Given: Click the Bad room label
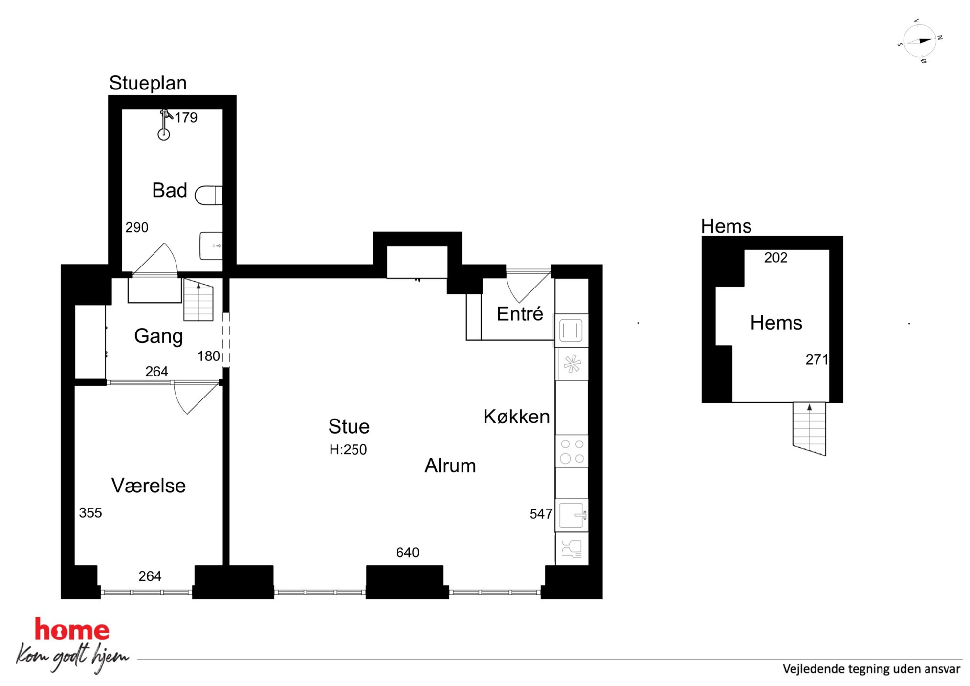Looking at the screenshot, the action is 170,190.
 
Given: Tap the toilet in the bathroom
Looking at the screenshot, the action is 209,195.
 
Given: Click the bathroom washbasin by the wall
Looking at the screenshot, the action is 211,245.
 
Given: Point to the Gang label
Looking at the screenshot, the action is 158,336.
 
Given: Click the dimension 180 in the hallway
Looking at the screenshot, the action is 208,356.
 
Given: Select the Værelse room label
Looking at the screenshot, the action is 149,486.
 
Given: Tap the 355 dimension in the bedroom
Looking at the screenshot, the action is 90,513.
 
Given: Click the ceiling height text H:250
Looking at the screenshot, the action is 348,449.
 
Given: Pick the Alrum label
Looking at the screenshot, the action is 450,465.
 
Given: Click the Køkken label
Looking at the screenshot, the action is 517,417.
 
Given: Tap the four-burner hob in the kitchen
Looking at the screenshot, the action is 572,451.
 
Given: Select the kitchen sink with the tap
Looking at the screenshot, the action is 572,515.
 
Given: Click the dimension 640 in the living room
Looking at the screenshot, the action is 408,553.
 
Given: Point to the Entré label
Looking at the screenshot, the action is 520,314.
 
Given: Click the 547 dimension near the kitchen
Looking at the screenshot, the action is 541,514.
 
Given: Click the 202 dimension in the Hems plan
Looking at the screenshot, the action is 776,258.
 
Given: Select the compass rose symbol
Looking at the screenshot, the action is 920,41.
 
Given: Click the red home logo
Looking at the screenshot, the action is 72,630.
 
